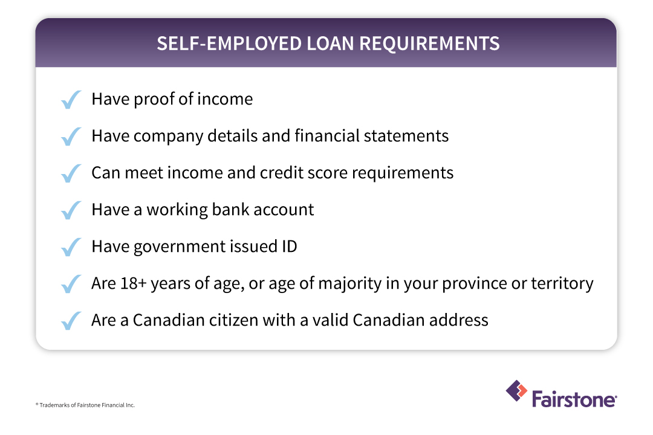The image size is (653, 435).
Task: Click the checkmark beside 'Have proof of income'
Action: click(71, 99)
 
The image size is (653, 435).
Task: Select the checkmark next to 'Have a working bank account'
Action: click(71, 210)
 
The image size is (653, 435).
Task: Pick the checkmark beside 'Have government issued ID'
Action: click(71, 247)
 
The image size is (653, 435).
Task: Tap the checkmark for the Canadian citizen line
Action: click(71, 321)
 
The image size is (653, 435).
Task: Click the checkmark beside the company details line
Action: click(71, 136)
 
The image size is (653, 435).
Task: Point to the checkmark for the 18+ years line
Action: click(71, 284)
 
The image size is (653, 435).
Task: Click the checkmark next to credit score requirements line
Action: click(71, 173)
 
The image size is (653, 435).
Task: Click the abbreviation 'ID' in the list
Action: click(288, 246)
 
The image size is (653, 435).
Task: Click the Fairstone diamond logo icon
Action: click(516, 391)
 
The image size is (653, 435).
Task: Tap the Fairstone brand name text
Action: click(574, 399)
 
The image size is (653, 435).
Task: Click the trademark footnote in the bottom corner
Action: click(85, 405)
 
